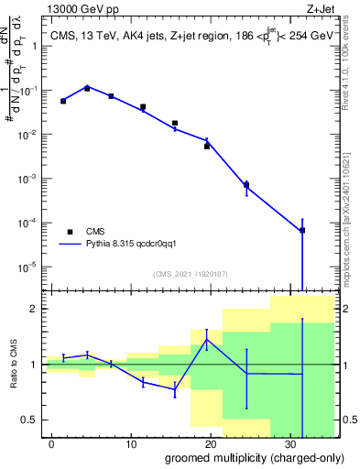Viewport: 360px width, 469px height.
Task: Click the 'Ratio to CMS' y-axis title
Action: [13, 365]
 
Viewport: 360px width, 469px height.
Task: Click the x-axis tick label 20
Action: [211, 443]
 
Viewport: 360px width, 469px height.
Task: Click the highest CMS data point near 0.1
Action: [87, 89]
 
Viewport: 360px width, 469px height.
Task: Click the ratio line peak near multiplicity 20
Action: [207, 339]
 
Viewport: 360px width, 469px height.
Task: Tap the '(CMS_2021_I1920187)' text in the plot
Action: [190, 274]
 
